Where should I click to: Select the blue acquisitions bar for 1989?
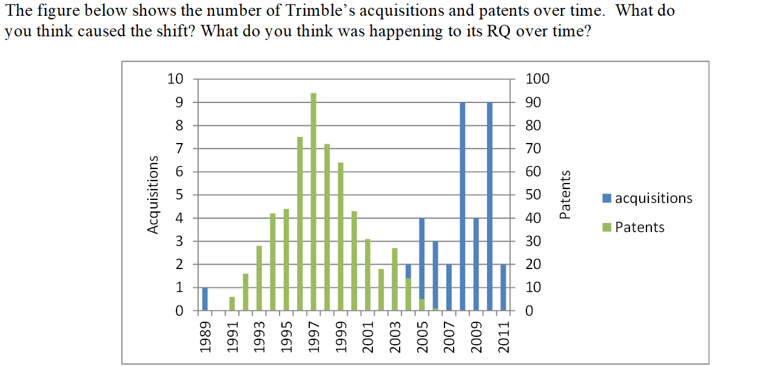pos(205,299)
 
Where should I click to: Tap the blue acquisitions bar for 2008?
pos(463,207)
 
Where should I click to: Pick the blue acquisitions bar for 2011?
pos(503,287)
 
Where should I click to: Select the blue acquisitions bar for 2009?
pos(476,264)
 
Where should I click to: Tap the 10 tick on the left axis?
pos(175,79)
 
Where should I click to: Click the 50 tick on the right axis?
pos(534,195)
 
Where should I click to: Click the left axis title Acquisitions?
pos(153,195)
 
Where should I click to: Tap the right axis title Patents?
pos(565,195)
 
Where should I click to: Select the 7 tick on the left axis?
pos(178,148)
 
